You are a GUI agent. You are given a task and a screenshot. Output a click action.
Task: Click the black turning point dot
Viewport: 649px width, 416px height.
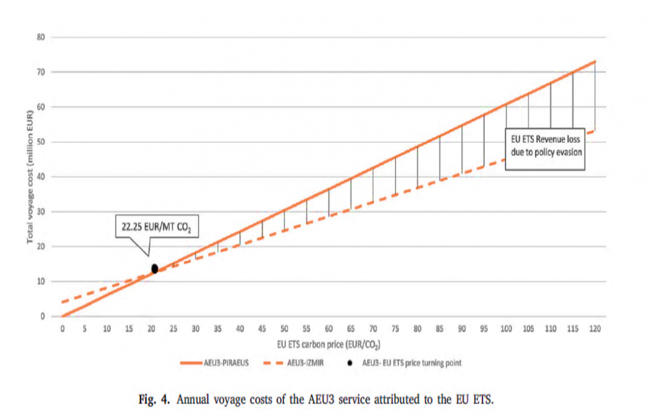pos(155,269)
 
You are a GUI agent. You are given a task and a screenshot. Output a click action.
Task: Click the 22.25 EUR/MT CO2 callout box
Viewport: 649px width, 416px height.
pos(157,227)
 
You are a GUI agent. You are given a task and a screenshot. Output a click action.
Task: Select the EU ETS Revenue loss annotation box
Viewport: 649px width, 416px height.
pos(545,149)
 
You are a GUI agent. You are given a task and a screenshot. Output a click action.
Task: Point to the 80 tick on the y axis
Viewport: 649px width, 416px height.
pos(41,37)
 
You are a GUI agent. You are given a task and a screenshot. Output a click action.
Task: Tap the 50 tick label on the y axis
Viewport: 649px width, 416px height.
pos(41,142)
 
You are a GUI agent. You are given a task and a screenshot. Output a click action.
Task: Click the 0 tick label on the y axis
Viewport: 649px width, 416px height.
pos(43,316)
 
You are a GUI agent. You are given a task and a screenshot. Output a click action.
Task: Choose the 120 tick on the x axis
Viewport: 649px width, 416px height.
pos(595,328)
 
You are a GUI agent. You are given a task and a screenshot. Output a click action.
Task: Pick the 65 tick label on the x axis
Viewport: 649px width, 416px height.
pos(351,328)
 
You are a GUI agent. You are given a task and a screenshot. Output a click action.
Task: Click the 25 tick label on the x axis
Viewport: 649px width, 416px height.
pos(173,328)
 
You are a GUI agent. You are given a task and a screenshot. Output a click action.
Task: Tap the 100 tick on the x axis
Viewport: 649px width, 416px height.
pos(506,328)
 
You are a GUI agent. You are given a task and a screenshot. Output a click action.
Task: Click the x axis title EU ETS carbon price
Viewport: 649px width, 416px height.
pos(329,345)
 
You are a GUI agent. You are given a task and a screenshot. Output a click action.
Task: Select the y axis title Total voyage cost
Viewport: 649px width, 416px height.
pos(30,177)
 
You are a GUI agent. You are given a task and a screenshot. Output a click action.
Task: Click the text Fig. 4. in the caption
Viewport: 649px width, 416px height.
pos(154,400)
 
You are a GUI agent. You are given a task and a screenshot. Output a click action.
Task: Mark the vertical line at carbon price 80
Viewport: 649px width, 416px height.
pos(417,166)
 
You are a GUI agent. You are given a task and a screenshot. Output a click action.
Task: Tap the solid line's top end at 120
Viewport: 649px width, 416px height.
pos(595,61)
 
